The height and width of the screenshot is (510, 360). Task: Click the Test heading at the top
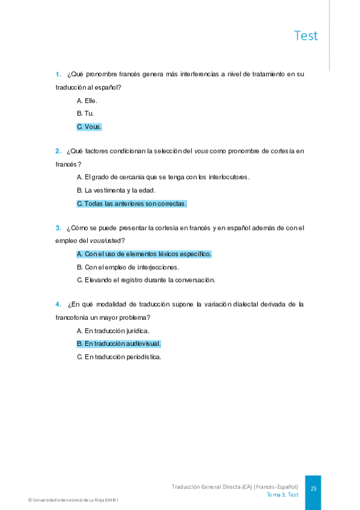click(306, 35)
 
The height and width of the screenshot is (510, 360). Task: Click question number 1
click(58, 75)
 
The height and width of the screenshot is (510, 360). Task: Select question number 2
click(58, 151)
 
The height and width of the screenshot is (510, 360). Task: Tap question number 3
click(58, 228)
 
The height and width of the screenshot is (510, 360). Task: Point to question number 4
click(58, 304)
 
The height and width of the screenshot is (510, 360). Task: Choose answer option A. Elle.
click(87, 100)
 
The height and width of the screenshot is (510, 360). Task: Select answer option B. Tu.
click(85, 114)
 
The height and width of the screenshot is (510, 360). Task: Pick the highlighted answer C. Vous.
click(89, 127)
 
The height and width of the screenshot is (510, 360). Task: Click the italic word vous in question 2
click(201, 151)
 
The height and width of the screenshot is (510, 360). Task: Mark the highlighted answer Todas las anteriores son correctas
click(132, 204)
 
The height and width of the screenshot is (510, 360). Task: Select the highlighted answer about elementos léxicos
click(144, 254)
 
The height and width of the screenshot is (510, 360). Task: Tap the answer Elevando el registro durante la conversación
click(145, 280)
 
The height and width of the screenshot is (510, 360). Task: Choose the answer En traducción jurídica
click(113, 331)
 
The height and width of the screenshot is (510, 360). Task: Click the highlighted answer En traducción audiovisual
click(118, 344)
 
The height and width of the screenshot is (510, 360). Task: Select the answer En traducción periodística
click(119, 357)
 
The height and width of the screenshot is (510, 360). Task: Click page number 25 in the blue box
click(313, 489)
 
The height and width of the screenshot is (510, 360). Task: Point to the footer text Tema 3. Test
click(282, 495)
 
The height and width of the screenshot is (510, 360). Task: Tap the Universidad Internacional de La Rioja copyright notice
click(73, 500)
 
